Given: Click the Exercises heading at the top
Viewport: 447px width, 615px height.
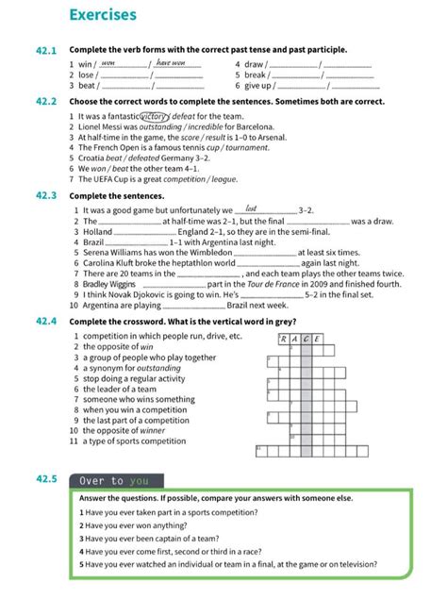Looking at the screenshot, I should click(103, 15).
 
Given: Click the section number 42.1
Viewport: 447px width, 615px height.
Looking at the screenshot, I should click(47, 50).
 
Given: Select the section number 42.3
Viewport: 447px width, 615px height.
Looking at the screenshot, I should click(47, 195).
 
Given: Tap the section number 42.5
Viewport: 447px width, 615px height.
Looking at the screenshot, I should click(47, 479).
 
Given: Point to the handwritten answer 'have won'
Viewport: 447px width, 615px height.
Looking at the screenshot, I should click(175, 63).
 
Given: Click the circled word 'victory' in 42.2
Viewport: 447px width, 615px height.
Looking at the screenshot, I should click(155, 116).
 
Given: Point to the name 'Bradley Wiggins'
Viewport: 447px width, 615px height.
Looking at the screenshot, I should click(109, 284).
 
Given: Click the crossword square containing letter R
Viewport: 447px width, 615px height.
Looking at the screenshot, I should click(283, 339).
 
